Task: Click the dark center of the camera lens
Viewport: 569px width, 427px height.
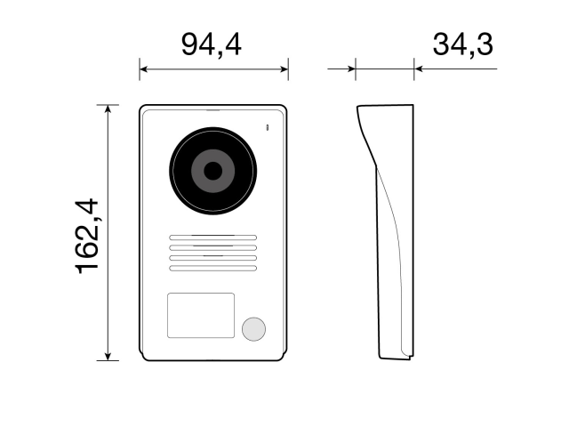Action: pos(213,170)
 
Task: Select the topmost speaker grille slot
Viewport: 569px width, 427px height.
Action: pos(212,238)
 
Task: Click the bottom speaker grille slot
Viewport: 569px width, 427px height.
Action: pos(212,268)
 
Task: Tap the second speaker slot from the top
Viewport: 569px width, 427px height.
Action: pos(212,248)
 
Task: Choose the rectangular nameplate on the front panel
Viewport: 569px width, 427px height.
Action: pos(201,316)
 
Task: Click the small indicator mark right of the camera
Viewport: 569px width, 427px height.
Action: pos(265,129)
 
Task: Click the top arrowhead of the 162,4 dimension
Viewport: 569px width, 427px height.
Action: pos(108,109)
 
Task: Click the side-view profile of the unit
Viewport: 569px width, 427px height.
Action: pos(391,231)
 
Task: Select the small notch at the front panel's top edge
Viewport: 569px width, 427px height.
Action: pos(213,111)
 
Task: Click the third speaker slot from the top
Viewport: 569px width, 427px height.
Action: pos(212,258)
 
